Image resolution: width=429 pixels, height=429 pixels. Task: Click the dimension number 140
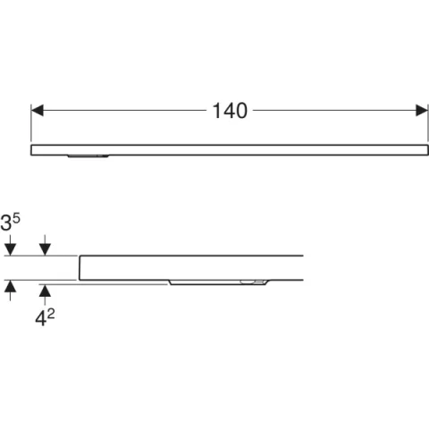coord(230,111)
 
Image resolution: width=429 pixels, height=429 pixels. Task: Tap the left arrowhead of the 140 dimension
coord(38,110)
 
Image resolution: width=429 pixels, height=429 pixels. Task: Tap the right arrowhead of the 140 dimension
coord(422,110)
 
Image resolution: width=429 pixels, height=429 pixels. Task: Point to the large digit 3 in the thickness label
coord(6,223)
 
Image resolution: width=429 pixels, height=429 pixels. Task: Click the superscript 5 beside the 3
coord(16,218)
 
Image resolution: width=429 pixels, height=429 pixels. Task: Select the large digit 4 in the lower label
coord(40,318)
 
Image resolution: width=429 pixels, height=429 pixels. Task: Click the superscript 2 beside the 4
coord(51,314)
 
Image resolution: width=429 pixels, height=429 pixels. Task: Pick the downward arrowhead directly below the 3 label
coord(10,249)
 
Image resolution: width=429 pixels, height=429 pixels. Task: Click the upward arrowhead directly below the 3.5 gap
coord(10,286)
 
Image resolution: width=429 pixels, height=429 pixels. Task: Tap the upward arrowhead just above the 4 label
coord(45,290)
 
